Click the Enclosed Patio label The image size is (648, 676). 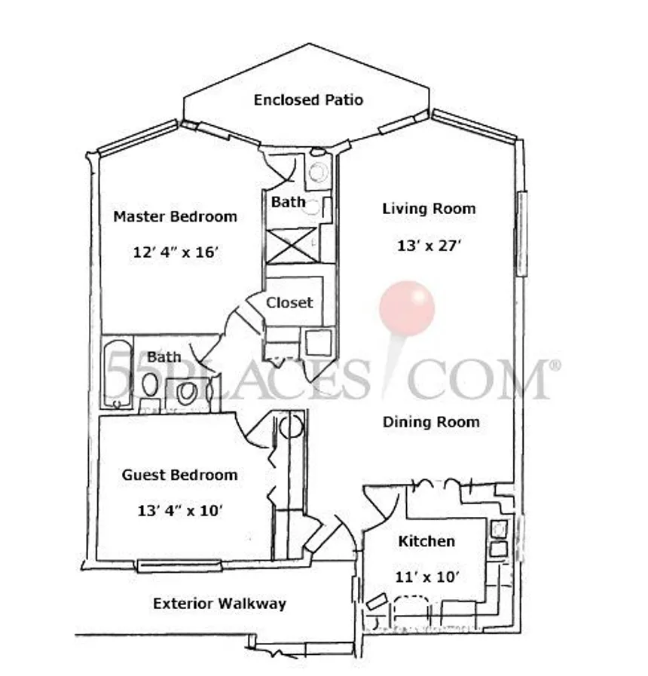click(x=308, y=100)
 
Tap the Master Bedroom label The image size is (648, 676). click(x=175, y=216)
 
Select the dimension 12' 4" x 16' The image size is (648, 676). click(x=176, y=252)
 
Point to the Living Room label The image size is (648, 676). click(x=429, y=209)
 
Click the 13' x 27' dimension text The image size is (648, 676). click(x=429, y=246)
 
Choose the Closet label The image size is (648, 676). click(x=289, y=303)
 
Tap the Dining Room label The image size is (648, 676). click(x=431, y=422)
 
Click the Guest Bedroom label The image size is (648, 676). click(x=180, y=475)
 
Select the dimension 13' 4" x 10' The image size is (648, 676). click(x=180, y=511)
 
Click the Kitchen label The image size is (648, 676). click(x=426, y=542)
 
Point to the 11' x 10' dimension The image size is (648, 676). click(x=426, y=577)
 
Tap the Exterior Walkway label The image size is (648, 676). click(x=219, y=604)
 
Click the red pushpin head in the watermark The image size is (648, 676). click(x=407, y=309)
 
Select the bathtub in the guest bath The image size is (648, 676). click(x=118, y=373)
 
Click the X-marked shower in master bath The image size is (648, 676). click(x=292, y=245)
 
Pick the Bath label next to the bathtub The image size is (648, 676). click(x=164, y=357)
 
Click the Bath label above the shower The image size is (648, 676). click(x=288, y=202)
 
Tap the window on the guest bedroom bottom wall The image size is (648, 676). click(x=179, y=566)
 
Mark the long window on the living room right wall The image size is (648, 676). click(x=522, y=233)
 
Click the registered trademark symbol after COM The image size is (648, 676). click(x=556, y=366)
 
